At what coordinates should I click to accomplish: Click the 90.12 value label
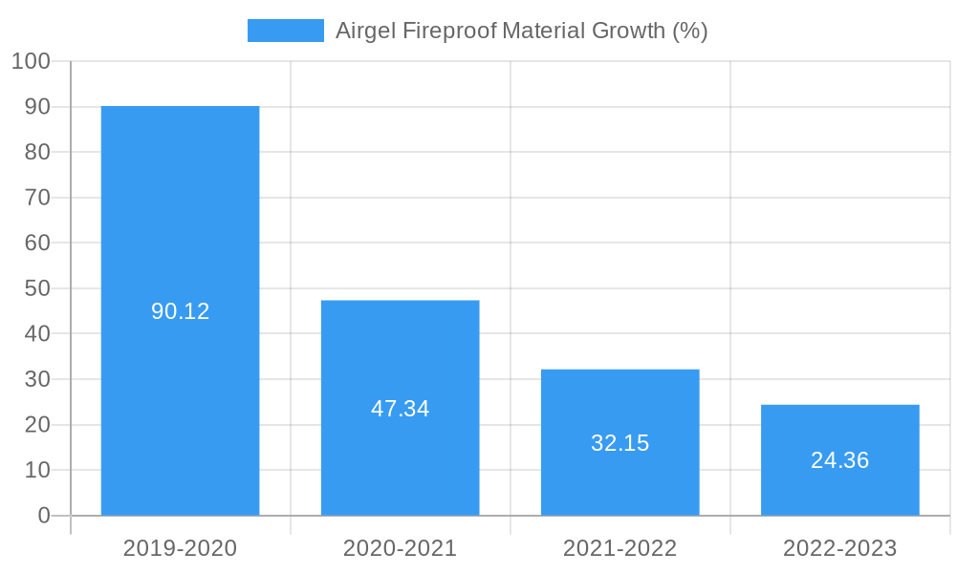pos(180,311)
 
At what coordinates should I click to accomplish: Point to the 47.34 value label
pos(400,409)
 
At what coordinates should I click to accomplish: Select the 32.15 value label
pos(619,443)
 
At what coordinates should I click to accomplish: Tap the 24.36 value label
pos(839,460)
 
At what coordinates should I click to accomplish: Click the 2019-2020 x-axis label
pos(180,548)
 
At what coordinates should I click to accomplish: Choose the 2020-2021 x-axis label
pos(400,548)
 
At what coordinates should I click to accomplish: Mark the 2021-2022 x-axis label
pos(619,548)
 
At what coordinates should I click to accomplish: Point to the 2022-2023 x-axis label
pos(839,548)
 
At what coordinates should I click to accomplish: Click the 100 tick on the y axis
pos(31,61)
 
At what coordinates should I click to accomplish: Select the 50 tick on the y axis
pos(37,288)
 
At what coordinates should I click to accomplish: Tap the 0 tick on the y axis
pos(44,516)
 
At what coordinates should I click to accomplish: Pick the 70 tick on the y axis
pos(37,198)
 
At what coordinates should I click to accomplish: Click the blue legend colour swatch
pos(285,31)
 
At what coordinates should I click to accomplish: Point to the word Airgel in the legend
pos(365,31)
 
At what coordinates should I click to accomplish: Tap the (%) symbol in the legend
pos(689,31)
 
